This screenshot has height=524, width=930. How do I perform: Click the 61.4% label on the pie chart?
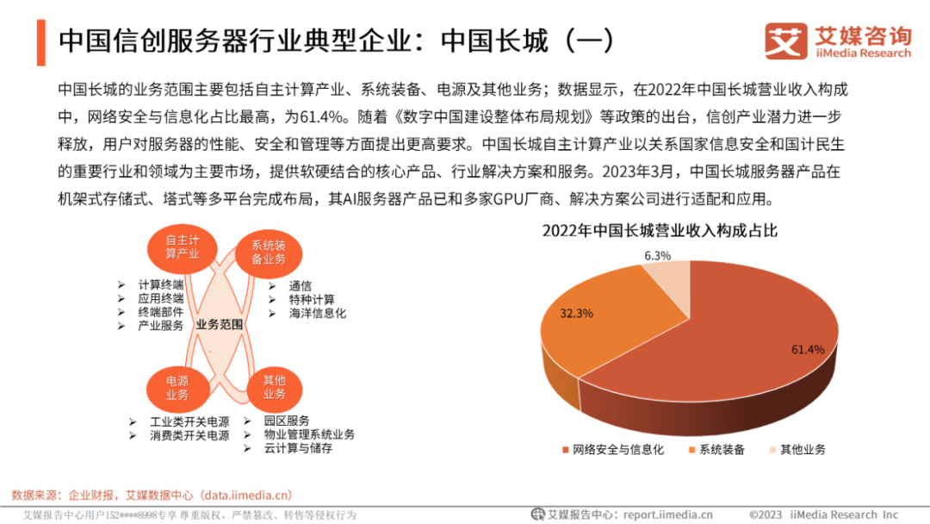click(x=808, y=349)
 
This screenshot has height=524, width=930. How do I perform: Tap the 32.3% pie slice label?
click(x=576, y=314)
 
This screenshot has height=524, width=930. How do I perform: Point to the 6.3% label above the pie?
click(x=657, y=255)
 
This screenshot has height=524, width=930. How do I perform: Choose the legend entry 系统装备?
click(x=721, y=449)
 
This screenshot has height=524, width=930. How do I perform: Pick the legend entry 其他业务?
click(x=802, y=449)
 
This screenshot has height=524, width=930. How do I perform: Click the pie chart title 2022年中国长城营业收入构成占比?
click(x=660, y=231)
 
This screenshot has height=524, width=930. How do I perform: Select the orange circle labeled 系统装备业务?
click(x=268, y=252)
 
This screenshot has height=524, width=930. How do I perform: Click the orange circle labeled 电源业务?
click(x=177, y=387)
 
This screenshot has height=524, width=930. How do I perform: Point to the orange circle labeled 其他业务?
click(x=274, y=387)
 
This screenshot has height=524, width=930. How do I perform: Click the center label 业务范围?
click(x=220, y=324)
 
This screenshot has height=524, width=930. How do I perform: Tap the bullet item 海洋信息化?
click(x=318, y=314)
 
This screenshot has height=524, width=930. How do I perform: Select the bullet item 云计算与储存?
click(x=299, y=448)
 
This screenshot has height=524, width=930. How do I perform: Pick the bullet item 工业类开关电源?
click(x=189, y=422)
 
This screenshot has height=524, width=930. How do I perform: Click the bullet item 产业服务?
click(x=161, y=326)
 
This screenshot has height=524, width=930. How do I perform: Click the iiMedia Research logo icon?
click(x=785, y=41)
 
